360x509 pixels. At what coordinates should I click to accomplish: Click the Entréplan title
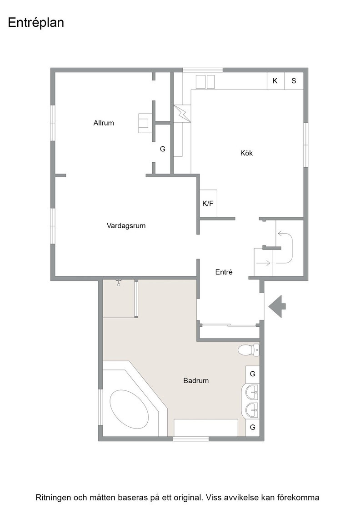point(36,23)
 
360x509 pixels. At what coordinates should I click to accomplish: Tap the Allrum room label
point(104,123)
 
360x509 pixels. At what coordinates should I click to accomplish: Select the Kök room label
point(246,153)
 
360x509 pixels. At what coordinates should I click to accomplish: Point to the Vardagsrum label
point(126,225)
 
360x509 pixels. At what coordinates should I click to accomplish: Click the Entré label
point(224,272)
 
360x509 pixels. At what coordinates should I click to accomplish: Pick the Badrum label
point(196,380)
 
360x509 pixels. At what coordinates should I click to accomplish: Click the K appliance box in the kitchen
point(275,81)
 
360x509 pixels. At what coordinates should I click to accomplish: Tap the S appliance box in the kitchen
point(294,81)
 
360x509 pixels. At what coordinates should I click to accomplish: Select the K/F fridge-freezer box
point(208,204)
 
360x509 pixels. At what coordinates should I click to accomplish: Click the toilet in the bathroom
point(248,350)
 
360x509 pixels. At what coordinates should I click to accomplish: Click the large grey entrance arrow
point(277,306)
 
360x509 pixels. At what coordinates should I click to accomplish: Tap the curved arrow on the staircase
point(287,248)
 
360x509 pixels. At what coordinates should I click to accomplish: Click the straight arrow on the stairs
point(263,263)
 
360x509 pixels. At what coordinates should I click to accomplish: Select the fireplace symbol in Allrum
point(144,123)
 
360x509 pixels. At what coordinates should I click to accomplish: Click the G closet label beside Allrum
point(163,149)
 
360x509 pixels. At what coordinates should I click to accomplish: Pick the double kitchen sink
point(205,82)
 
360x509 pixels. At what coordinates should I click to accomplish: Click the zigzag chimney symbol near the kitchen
point(182,113)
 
